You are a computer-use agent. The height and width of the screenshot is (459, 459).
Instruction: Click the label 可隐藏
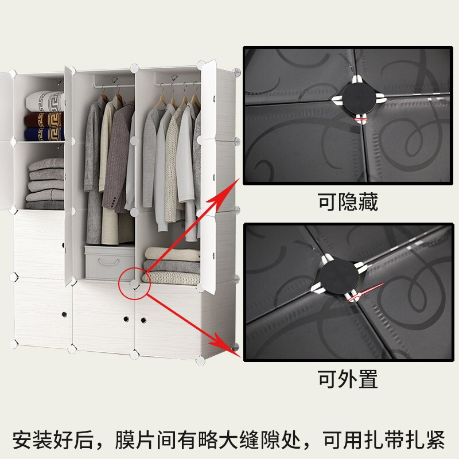(x=348, y=202)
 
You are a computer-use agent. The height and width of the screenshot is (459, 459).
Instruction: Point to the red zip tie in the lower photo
(x=365, y=292)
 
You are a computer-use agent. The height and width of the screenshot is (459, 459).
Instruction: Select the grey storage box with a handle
(x=110, y=263)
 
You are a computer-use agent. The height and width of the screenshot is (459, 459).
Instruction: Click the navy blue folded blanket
(x=44, y=134)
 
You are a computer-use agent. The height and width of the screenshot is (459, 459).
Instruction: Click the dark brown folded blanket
(x=44, y=119)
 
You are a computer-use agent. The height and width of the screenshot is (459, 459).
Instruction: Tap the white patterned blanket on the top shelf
(x=45, y=102)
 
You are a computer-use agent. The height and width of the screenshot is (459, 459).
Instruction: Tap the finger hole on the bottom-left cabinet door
(x=64, y=314)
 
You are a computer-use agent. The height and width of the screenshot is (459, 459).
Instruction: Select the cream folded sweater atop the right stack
(x=173, y=254)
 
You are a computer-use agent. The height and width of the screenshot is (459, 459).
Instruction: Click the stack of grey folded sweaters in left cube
(x=46, y=184)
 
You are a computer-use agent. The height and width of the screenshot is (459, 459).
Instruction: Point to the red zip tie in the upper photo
(x=361, y=119)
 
